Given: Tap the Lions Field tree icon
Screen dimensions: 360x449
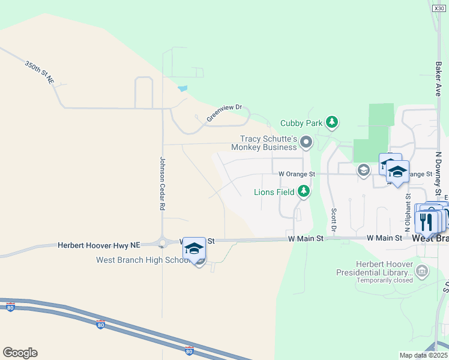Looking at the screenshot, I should [x=304, y=191].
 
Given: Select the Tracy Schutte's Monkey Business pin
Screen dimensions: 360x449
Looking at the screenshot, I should [x=306, y=142].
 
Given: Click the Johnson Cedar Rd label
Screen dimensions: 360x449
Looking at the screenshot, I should [x=162, y=183].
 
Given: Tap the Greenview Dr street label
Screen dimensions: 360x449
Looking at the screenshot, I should [x=224, y=113].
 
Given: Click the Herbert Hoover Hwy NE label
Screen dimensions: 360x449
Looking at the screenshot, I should [x=98, y=245].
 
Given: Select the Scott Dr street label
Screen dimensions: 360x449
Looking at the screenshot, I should [x=334, y=220].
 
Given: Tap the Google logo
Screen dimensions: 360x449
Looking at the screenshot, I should [x=20, y=353].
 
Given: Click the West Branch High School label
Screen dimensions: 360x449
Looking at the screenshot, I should [x=143, y=260].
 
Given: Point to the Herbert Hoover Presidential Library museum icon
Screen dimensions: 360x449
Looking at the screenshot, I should [x=422, y=272].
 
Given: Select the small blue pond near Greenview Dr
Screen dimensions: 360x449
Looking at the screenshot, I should [x=182, y=89].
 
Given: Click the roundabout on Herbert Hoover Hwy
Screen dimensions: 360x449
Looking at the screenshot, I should [x=162, y=242].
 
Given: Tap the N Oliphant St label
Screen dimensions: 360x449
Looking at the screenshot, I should [x=408, y=212].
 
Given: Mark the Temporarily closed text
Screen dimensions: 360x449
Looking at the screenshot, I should [x=385, y=280].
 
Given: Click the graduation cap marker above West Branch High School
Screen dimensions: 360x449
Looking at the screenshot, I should [x=194, y=248].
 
